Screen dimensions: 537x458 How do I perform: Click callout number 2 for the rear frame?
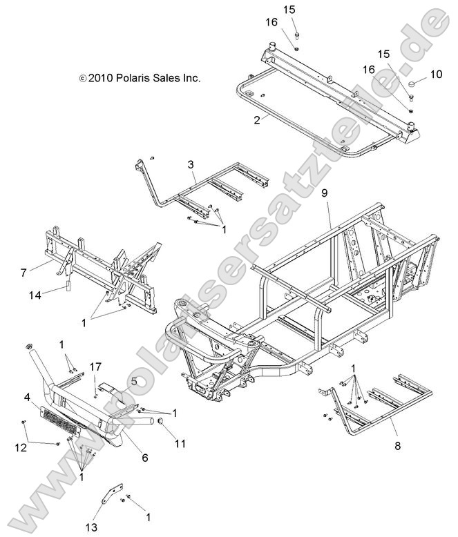click(x=238, y=119)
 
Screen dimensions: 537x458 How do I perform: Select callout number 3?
click(x=190, y=164)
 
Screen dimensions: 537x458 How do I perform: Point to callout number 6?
click(x=145, y=458)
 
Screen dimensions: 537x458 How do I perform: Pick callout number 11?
click(x=180, y=444)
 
